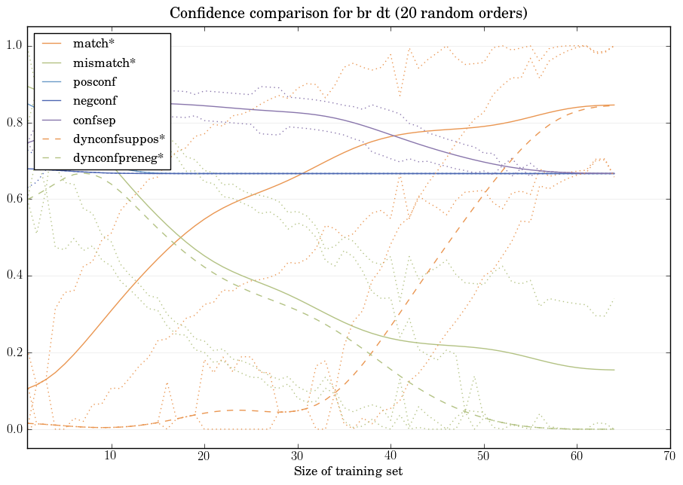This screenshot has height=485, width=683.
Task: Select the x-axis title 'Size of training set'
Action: click(x=348, y=472)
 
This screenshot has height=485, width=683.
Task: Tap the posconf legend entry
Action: click(x=94, y=81)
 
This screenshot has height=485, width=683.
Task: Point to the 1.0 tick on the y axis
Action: click(x=14, y=46)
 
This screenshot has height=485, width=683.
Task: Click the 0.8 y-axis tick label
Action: click(x=14, y=123)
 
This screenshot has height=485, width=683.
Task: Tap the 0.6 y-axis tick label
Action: click(x=14, y=200)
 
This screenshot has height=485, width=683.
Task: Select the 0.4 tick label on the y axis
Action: click(x=14, y=276)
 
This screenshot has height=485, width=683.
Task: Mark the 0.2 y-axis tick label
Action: click(x=14, y=352)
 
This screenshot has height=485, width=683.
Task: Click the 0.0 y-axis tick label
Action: click(x=14, y=429)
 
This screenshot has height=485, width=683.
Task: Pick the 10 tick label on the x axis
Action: click(x=111, y=456)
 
